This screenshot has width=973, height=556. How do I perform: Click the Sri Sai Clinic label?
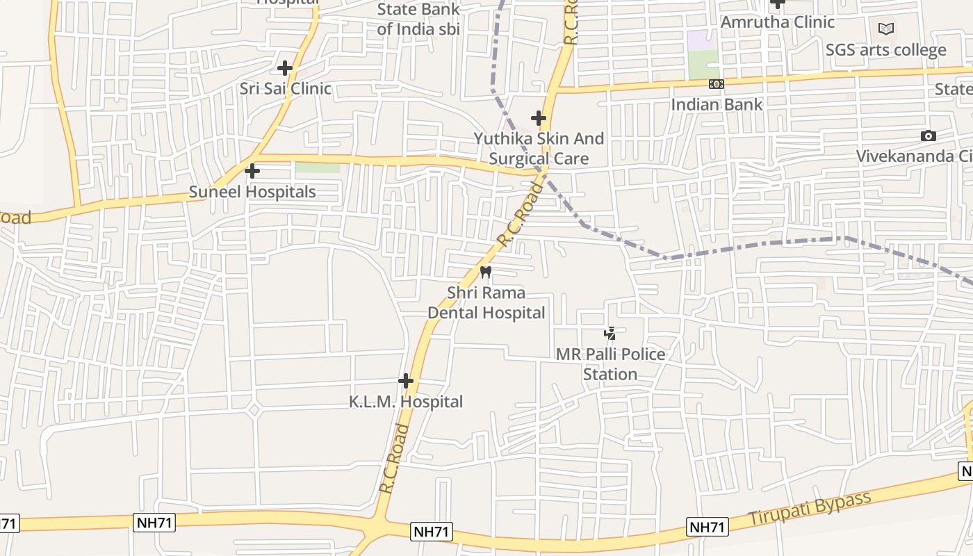point(286,89)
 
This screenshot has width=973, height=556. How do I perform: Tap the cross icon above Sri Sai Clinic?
point(284,68)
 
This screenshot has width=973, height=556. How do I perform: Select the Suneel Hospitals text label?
point(252,192)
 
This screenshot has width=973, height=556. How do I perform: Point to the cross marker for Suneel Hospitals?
point(252,170)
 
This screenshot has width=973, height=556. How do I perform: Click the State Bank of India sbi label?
point(418,19)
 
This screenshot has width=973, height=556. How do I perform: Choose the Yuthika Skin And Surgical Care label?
point(539,149)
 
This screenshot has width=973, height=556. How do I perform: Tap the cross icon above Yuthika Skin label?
point(538,118)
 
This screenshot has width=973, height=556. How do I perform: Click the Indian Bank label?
point(717,104)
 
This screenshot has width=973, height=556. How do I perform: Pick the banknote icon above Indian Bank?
point(716,84)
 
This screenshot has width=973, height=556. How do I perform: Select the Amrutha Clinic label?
point(777,22)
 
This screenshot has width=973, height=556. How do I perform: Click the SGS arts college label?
point(885,50)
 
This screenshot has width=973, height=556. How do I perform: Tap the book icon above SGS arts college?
point(885,28)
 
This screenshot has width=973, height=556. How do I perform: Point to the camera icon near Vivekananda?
point(928,136)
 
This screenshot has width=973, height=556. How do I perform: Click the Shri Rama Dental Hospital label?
point(486,303)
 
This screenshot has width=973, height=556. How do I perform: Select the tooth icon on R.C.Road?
point(486,272)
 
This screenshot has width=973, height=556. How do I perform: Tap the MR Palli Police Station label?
point(610,364)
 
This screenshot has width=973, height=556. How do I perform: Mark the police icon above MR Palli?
point(610,334)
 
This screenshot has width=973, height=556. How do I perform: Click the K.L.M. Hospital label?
point(406,402)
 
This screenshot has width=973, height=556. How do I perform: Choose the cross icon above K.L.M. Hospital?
point(406,381)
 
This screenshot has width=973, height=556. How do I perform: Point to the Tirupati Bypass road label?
point(810,509)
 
